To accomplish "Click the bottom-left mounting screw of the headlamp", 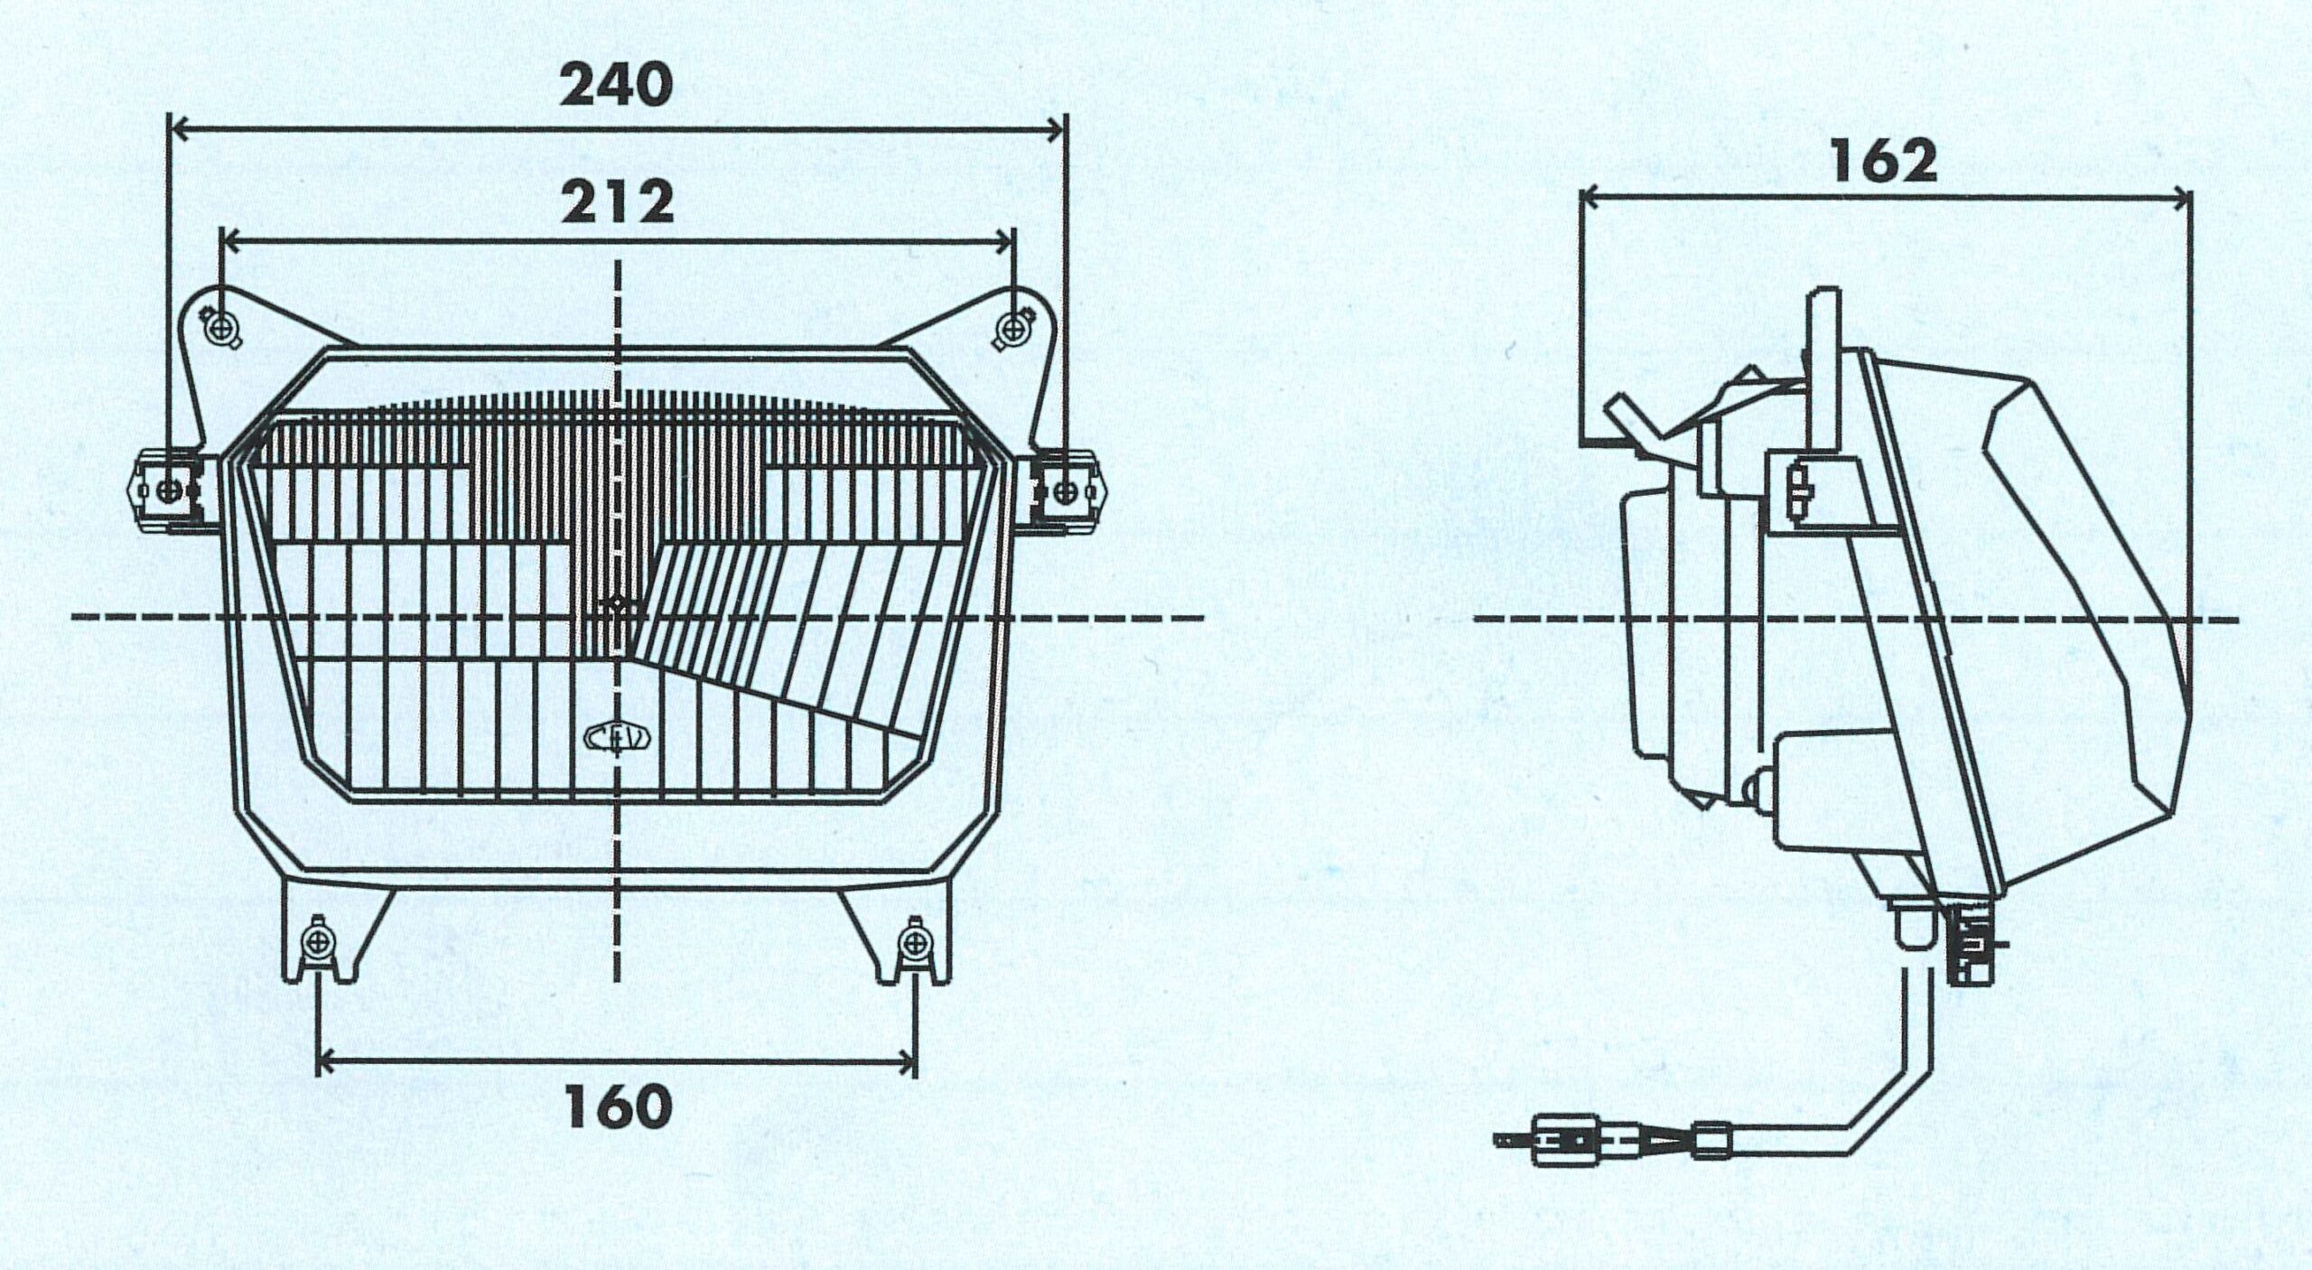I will pyautogui.click(x=318, y=942).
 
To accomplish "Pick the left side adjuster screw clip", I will pyautogui.click(x=170, y=490).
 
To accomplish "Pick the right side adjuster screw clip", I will pyautogui.click(x=1066, y=490).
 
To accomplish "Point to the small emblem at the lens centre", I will pyautogui.click(x=619, y=608).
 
